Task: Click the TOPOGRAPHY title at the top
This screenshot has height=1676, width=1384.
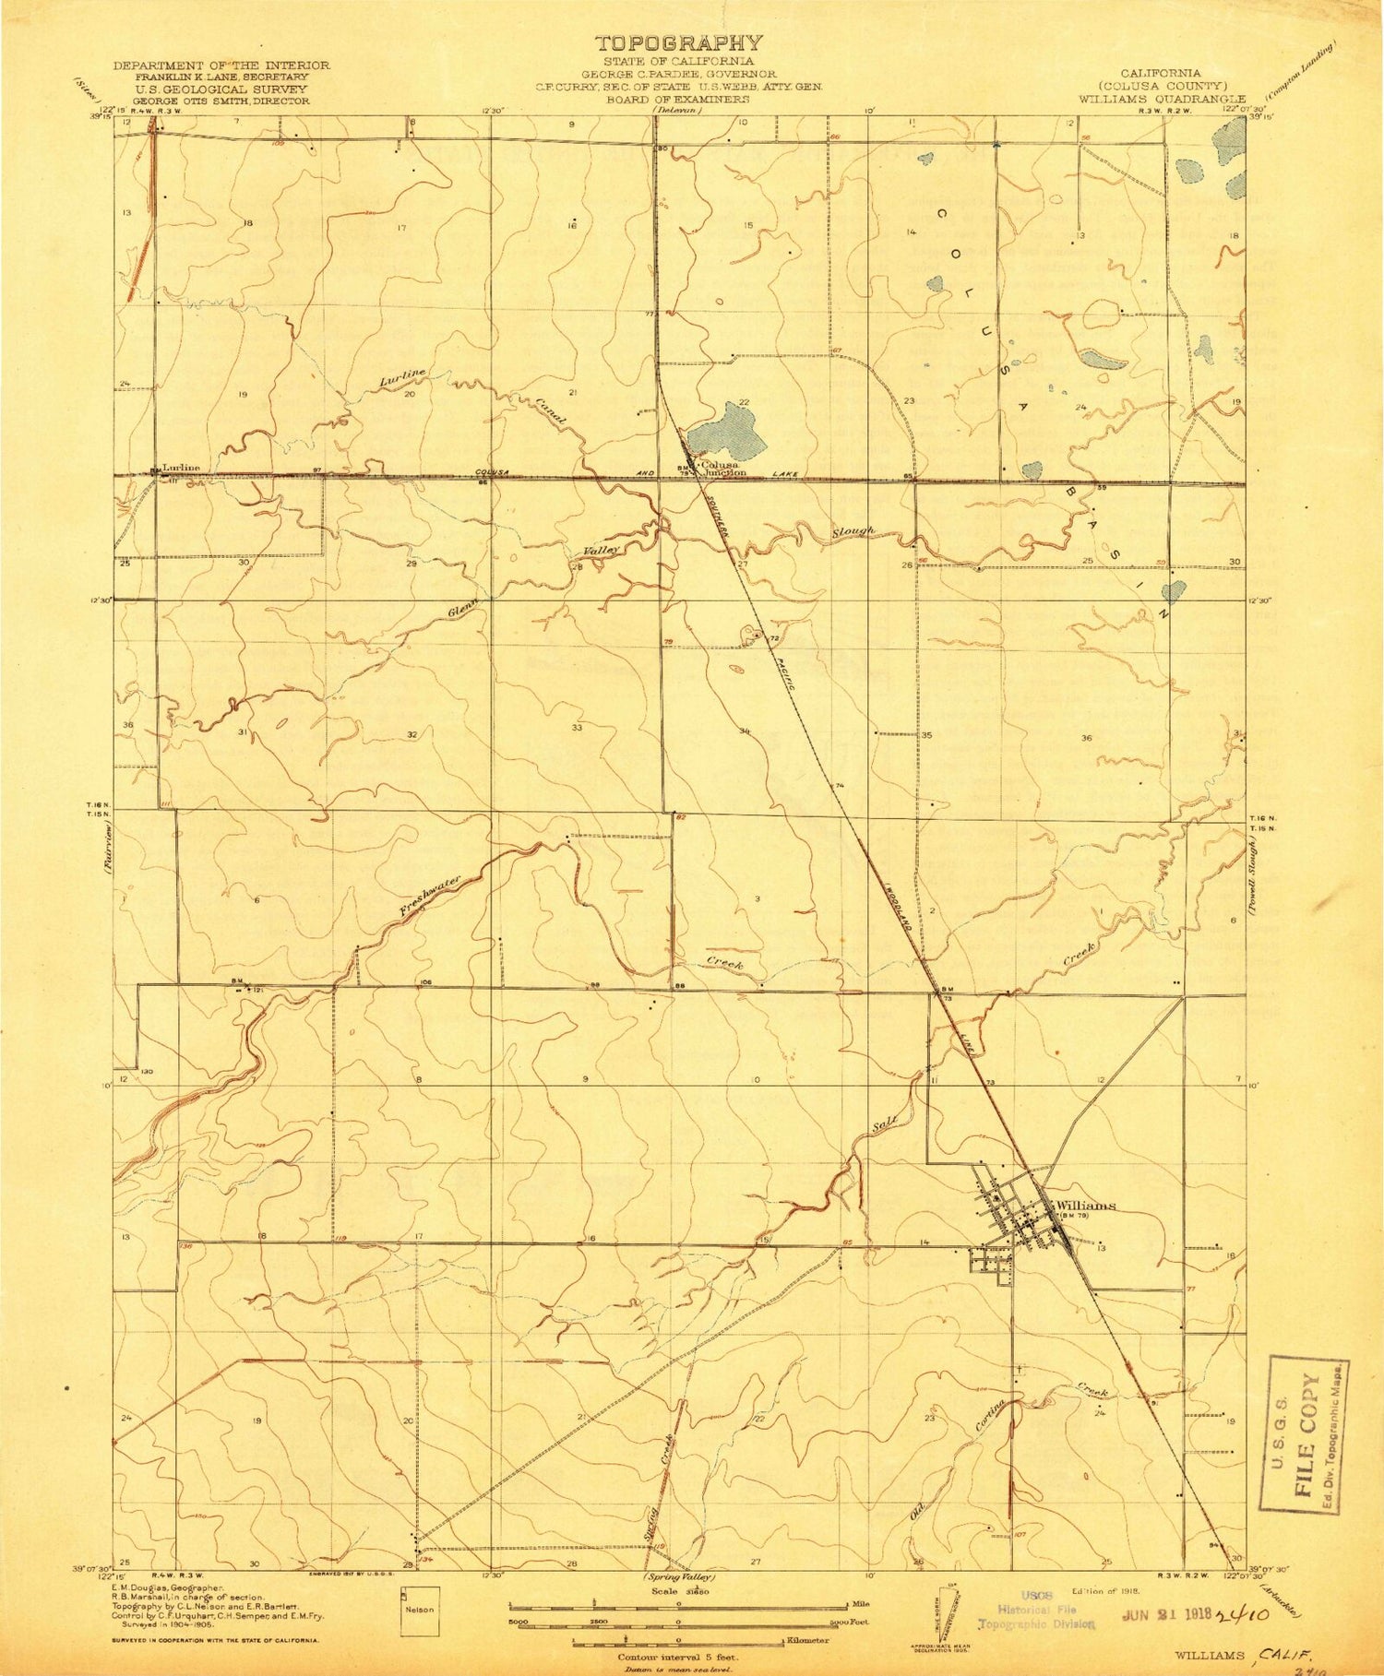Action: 679,43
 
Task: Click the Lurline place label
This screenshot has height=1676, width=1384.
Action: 181,468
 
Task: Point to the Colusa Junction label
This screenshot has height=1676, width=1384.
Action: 722,469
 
